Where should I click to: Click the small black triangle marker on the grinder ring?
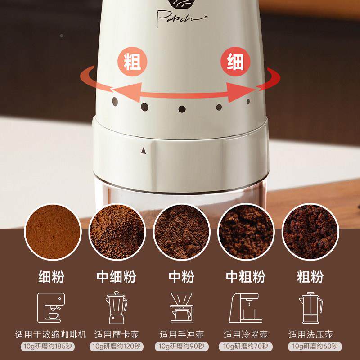point(144,151)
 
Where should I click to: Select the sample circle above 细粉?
point(53,233)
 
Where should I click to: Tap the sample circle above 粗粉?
point(310,233)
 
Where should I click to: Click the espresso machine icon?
point(51,308)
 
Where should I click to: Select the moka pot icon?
point(115,308)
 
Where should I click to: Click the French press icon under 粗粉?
point(311,308)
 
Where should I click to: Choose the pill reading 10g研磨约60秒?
point(310,346)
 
